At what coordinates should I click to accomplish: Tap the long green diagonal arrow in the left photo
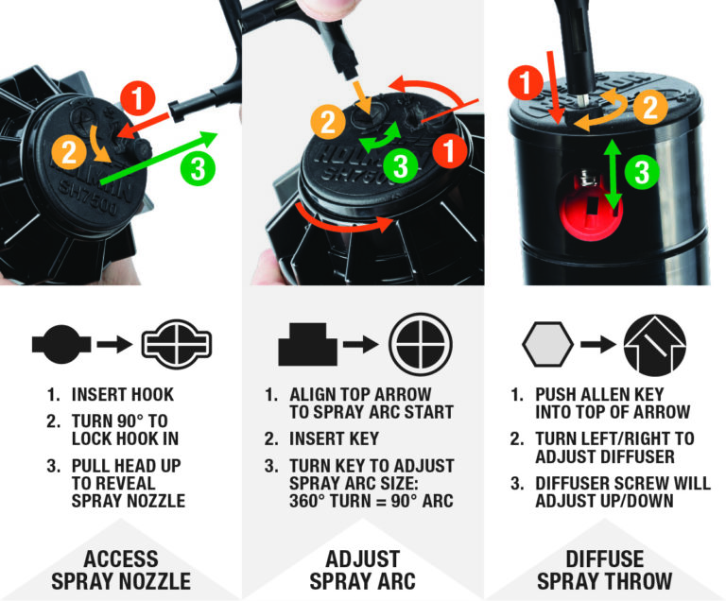click(x=157, y=158)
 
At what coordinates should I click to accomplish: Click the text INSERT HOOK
click(x=123, y=394)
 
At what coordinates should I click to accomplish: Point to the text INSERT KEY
click(x=334, y=438)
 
